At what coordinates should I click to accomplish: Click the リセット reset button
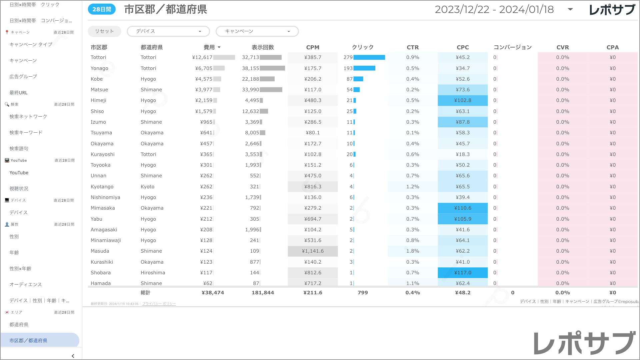pyautogui.click(x=104, y=31)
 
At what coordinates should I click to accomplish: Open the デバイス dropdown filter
pyautogui.click(x=168, y=31)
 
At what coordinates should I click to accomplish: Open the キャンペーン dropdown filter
pyautogui.click(x=257, y=31)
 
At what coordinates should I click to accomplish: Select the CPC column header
pyautogui.click(x=463, y=47)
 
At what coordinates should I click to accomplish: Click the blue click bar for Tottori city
pyautogui.click(x=369, y=57)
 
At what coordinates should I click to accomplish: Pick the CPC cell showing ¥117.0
pyautogui.click(x=463, y=273)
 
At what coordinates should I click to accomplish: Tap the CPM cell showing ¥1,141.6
pyautogui.click(x=313, y=251)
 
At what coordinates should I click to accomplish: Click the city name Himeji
pyautogui.click(x=98, y=100)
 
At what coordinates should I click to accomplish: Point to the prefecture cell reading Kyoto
pyautogui.click(x=147, y=187)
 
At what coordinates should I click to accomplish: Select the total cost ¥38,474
pyautogui.click(x=213, y=293)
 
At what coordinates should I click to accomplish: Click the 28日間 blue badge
pyautogui.click(x=102, y=9)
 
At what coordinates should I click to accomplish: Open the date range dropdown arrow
pyautogui.click(x=570, y=9)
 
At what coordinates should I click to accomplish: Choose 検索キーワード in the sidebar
pyautogui.click(x=26, y=133)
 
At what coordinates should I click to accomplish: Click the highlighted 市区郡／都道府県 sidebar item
pyautogui.click(x=28, y=341)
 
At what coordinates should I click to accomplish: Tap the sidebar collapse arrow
pyautogui.click(x=73, y=356)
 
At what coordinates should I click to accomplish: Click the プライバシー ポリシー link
pyautogui.click(x=159, y=304)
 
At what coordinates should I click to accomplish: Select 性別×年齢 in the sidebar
pyautogui.click(x=20, y=269)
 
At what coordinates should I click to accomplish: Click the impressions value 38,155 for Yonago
pyautogui.click(x=250, y=68)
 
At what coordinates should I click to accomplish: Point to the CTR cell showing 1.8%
pyautogui.click(x=413, y=251)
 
